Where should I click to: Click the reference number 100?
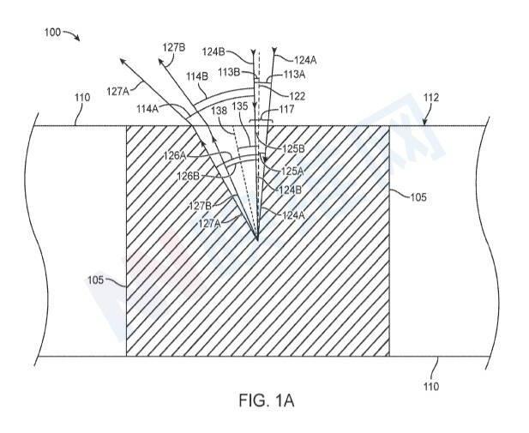(52, 33)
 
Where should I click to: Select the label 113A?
(295, 75)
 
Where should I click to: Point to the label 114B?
(197, 76)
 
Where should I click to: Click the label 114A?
(147, 109)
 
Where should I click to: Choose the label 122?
(297, 97)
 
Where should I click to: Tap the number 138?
(219, 111)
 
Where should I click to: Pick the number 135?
(240, 106)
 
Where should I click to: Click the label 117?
(286, 109)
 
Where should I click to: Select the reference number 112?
(431, 98)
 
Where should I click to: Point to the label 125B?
(293, 148)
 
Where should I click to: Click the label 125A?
(292, 171)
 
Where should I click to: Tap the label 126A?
(175, 155)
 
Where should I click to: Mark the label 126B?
(189, 176)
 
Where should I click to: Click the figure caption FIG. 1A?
(267, 400)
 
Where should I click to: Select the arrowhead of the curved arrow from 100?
(78, 39)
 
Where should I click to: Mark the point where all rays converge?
(257, 239)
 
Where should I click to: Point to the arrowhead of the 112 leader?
(424, 123)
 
